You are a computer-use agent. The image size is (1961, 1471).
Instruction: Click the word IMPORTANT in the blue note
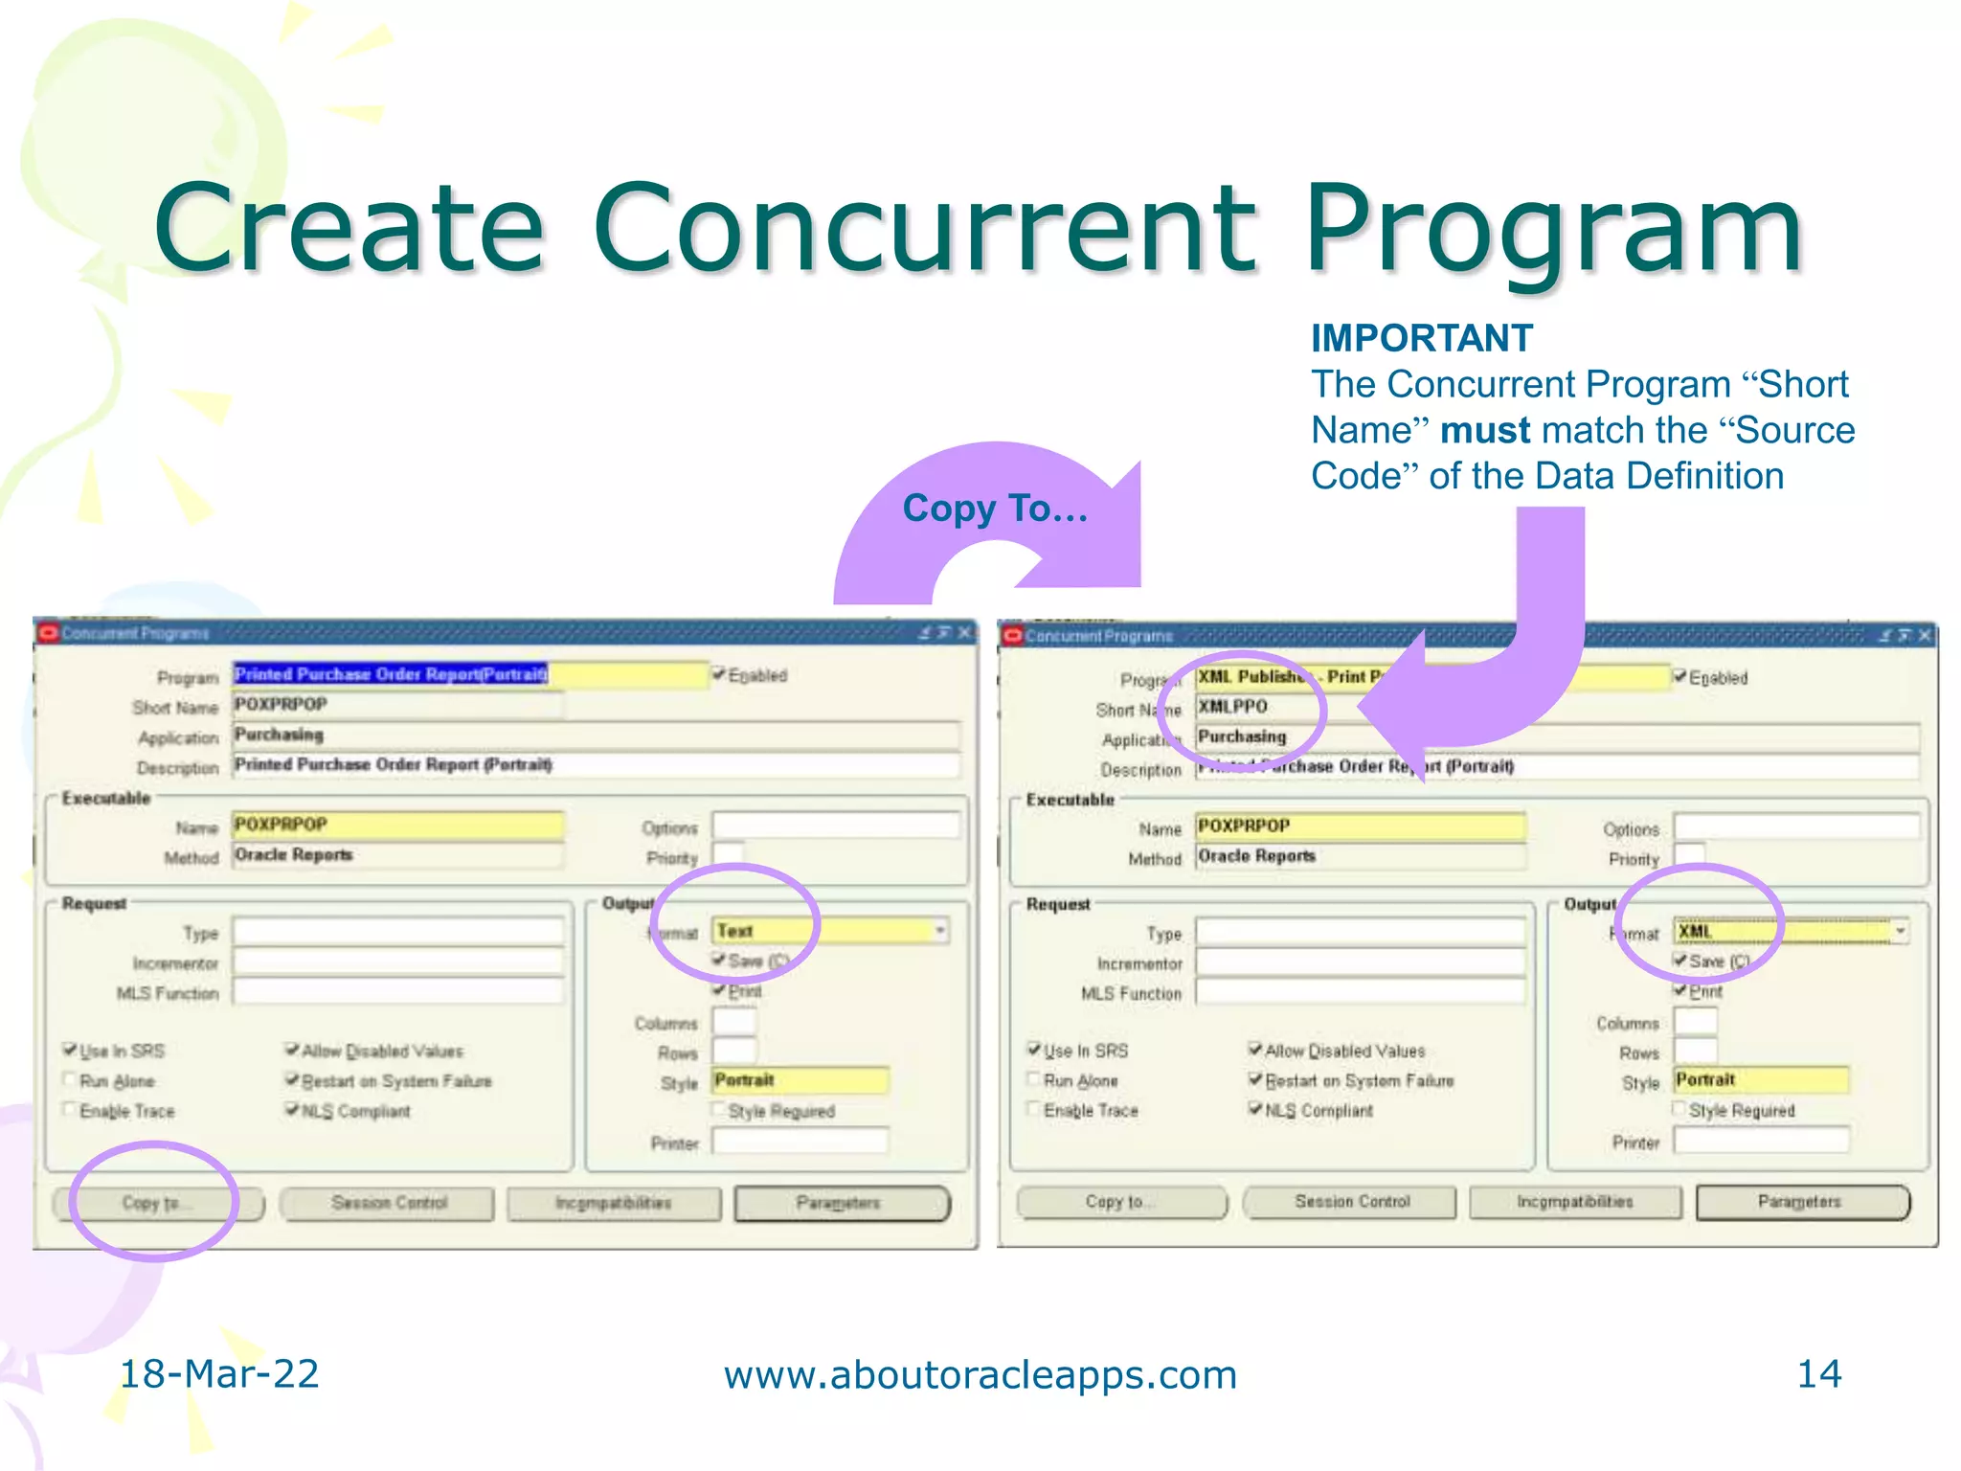(x=1421, y=339)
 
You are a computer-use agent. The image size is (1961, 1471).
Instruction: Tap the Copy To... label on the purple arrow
(x=994, y=509)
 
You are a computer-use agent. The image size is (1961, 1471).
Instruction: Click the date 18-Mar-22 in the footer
(x=218, y=1374)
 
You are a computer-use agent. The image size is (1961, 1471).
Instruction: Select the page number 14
(x=1818, y=1374)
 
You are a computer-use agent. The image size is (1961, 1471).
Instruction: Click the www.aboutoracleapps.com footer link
(x=980, y=1375)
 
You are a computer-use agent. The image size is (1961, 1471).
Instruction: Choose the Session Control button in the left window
(x=389, y=1203)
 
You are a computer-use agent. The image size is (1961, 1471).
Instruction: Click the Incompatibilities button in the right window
(x=1575, y=1202)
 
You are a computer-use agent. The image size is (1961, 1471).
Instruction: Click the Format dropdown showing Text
(x=829, y=931)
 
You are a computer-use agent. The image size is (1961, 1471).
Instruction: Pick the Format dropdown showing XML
(x=1791, y=932)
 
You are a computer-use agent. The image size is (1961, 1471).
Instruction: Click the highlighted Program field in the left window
(x=469, y=675)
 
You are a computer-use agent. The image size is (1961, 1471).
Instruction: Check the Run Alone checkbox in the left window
(x=69, y=1080)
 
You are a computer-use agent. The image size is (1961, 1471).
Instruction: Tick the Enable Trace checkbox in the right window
(x=1033, y=1110)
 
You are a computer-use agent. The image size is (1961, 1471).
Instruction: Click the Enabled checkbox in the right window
(x=1679, y=677)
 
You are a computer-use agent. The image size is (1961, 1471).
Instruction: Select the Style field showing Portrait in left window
(x=800, y=1081)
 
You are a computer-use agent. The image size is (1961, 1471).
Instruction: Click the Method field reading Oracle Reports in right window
(x=1360, y=857)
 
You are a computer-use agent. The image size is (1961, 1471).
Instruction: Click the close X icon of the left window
(x=964, y=633)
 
